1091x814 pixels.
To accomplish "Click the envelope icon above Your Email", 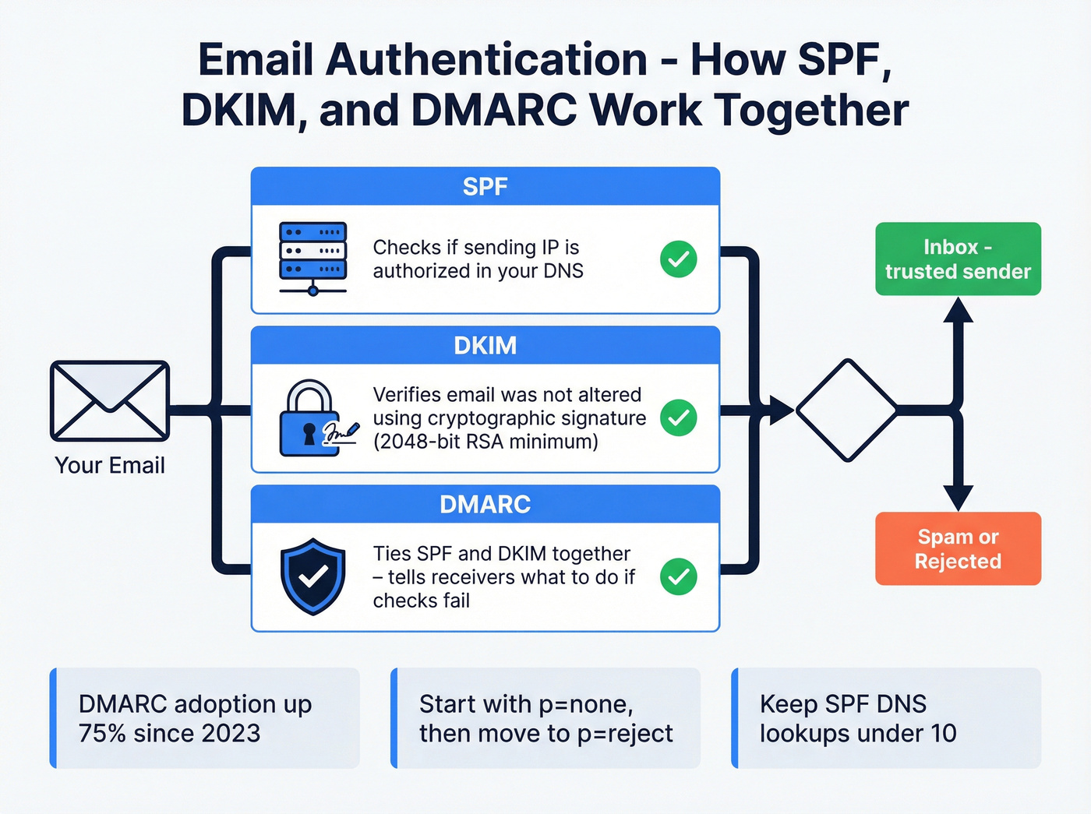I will click(110, 401).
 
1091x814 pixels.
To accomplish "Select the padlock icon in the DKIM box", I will click(310, 418).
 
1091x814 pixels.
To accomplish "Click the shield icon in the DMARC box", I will click(312, 576).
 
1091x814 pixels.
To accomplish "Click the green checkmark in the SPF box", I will click(678, 259).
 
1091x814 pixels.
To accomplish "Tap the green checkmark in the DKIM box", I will click(678, 418).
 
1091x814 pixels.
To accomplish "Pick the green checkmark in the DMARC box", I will click(678, 576).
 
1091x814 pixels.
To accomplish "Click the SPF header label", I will click(485, 187).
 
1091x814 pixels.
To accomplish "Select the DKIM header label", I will click(485, 346).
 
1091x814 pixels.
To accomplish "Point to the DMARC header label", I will click(485, 505).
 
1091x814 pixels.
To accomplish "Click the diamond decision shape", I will click(846, 410).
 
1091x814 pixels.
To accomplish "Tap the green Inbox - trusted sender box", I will click(958, 259).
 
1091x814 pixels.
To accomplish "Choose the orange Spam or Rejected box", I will click(958, 548).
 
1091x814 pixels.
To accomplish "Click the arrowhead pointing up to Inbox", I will click(958, 311).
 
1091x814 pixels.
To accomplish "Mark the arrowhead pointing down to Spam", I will click(958, 497).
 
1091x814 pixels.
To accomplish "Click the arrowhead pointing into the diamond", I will click(781, 410).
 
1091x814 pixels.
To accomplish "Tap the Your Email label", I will click(110, 466).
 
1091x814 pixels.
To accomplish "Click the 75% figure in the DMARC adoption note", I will click(102, 734).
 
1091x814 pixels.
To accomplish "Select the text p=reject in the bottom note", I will click(624, 734).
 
